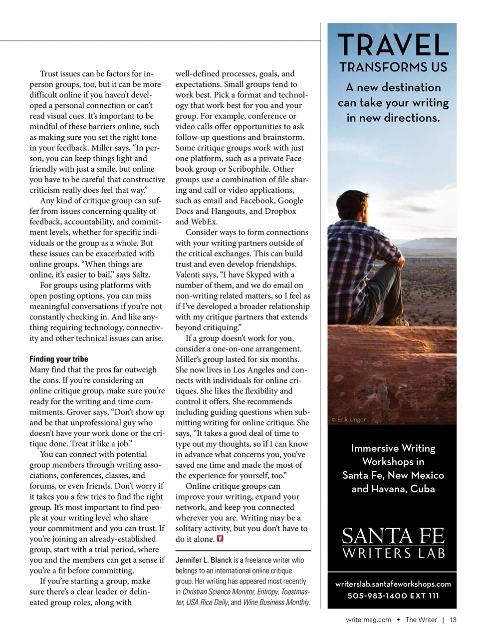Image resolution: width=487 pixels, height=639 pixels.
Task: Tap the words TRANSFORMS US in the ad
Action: click(393, 67)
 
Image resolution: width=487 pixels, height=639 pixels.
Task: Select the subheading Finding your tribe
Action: click(58, 359)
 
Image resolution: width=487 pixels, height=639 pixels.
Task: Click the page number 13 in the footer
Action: click(453, 620)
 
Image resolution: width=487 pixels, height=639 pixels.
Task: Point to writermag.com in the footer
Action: click(368, 620)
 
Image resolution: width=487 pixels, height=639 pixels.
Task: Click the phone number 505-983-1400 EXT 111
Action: click(393, 596)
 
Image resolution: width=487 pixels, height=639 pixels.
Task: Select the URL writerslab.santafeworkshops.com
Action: click(393, 584)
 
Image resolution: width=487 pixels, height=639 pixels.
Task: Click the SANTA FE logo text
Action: click(393, 536)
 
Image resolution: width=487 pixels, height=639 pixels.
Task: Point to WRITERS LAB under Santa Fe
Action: click(393, 553)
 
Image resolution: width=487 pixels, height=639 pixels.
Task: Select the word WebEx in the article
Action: click(203, 222)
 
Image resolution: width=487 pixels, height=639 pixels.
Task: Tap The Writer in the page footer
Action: click(421, 620)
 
